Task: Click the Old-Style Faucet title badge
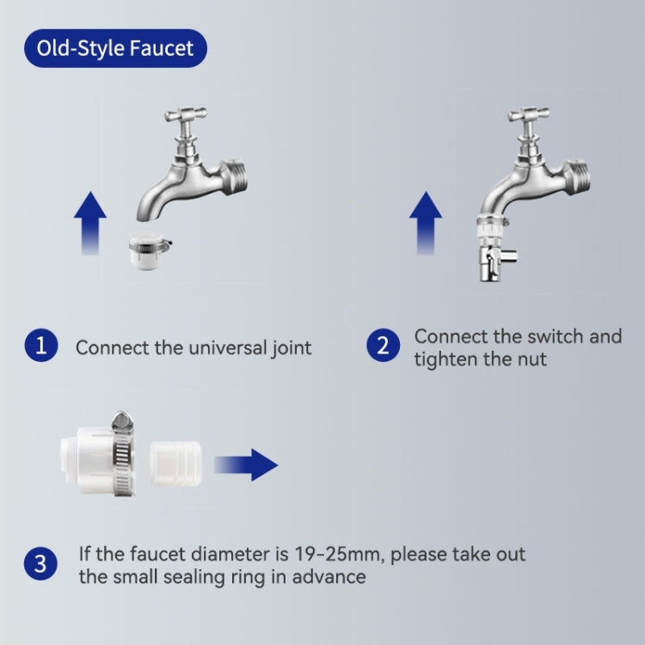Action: point(115,48)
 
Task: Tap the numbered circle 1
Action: point(41,346)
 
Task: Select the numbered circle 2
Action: point(383,346)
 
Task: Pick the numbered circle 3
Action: point(40,563)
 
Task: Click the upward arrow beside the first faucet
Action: point(90,223)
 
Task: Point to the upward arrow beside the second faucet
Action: point(426,223)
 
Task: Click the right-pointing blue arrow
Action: point(246,464)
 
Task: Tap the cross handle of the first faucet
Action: point(186,114)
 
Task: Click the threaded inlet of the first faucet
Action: point(235,177)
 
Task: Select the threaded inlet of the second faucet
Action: point(578,177)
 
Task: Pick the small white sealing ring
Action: point(175,464)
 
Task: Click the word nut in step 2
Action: point(531,359)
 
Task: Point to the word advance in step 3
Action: point(329,577)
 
